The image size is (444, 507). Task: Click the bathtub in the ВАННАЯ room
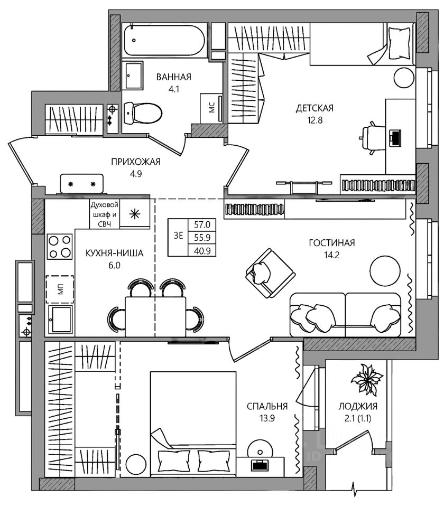165,40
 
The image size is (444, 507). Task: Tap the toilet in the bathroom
143,113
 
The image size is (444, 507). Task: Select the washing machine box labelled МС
211,108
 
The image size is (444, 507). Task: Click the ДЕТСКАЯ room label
314,108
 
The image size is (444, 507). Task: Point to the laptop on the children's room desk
395,137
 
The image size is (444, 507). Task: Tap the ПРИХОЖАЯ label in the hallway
136,162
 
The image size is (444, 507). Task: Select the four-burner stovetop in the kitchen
60,247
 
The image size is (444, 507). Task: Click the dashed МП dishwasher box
60,289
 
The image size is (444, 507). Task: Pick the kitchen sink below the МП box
60,320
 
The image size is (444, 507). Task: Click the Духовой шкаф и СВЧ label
105,214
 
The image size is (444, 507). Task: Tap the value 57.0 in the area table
202,224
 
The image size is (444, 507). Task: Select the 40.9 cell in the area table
202,250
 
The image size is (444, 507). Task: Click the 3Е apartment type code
178,236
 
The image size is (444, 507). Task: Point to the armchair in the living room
270,273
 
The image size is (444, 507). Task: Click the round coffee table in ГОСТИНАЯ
385,270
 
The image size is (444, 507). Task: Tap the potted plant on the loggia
367,380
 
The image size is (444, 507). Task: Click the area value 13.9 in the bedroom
267,418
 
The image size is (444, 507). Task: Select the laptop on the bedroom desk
260,465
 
